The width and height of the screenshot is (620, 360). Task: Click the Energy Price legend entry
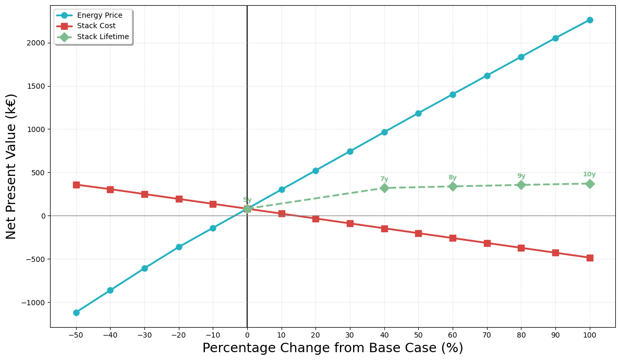pos(99,16)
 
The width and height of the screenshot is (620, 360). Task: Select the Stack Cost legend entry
pos(96,26)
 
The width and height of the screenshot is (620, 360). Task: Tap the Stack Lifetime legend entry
pos(103,37)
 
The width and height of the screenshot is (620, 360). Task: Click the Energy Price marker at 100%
pos(590,20)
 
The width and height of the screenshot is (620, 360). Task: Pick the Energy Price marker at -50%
pos(76,313)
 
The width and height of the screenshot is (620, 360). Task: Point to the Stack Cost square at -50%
pos(76,185)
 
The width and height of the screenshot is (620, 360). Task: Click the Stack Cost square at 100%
pos(590,258)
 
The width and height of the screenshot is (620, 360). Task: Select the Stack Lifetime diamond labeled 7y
pos(384,188)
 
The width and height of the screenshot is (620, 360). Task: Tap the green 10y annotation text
pos(589,175)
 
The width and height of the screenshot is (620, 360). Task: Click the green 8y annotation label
pos(452,178)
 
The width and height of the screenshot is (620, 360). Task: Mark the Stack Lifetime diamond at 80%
pos(521,185)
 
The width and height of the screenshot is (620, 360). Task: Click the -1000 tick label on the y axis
pos(34,303)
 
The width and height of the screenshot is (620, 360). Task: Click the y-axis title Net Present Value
pos(11,166)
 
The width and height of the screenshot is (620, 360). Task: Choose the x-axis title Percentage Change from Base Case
pos(333,349)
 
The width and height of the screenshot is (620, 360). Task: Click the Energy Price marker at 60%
pos(453,94)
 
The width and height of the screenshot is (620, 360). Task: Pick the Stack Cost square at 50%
pos(418,233)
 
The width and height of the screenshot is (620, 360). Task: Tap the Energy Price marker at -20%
pos(179,247)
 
